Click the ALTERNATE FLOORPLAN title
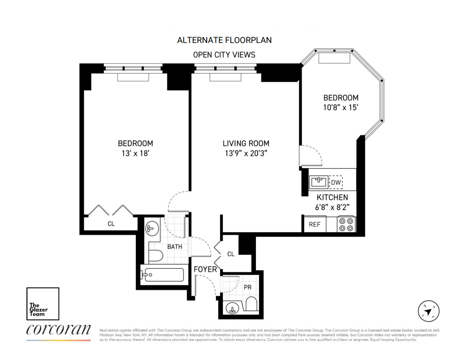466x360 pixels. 224,40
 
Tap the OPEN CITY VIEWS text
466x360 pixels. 224,55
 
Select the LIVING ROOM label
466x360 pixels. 246,143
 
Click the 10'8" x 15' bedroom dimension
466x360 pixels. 341,107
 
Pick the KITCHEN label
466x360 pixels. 332,197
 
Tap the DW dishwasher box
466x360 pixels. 335,182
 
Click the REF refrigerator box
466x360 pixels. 314,224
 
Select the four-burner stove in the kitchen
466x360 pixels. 346,224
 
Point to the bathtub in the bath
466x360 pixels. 162,275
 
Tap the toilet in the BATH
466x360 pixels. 155,256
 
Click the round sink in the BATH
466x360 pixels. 150,228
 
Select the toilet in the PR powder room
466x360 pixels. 251,304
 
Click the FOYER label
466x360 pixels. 205,269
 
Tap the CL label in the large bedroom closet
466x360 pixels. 111,224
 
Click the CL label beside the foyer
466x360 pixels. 231,254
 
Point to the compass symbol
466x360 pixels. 429,311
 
